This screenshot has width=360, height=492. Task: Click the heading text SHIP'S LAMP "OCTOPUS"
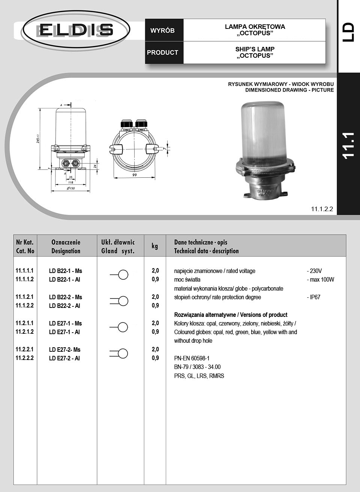255,52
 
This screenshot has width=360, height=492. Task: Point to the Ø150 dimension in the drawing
70,188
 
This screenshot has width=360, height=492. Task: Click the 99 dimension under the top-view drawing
134,175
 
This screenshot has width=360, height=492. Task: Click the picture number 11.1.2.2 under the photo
322,209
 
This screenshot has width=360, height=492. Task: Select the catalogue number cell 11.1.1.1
25,270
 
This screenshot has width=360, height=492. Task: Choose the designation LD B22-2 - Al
64,306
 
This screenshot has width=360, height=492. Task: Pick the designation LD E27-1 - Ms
65,323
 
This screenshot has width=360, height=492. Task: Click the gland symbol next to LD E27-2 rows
119,353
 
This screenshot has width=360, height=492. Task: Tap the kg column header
155,246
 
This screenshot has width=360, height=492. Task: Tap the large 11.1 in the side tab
348,145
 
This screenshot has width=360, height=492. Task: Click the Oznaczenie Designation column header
66,246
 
